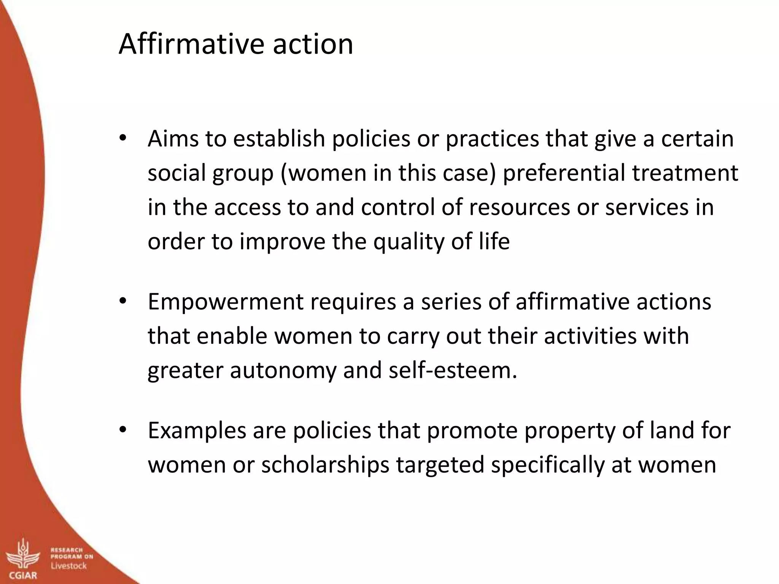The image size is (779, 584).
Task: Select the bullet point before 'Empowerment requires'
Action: pos(122,301)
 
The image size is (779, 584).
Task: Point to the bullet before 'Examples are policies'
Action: pos(122,430)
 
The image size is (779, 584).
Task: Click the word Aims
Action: pos(173,138)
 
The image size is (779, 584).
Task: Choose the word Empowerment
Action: pos(226,302)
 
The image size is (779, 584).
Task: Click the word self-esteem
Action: pos(453,370)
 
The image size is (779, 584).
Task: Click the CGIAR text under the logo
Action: pos(23,575)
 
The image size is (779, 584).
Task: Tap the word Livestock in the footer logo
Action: pos(69,566)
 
